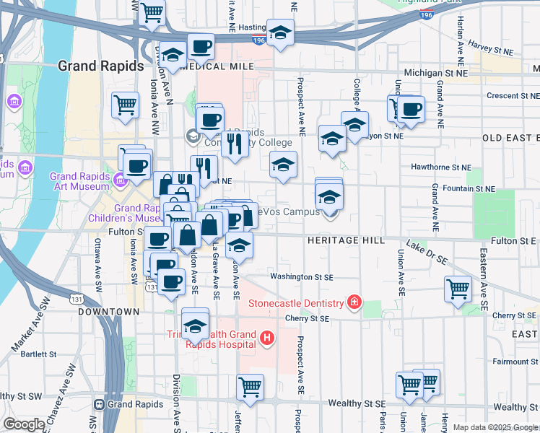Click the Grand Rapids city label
click(x=100, y=66)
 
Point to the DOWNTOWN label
click(x=108, y=312)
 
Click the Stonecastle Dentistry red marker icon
click(x=354, y=302)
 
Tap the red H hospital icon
click(x=267, y=336)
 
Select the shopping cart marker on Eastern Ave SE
click(x=458, y=289)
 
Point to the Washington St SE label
click(x=302, y=276)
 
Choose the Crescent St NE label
click(x=494, y=95)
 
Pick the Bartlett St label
click(x=38, y=354)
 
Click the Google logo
click(x=24, y=424)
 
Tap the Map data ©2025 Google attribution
click(x=495, y=427)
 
